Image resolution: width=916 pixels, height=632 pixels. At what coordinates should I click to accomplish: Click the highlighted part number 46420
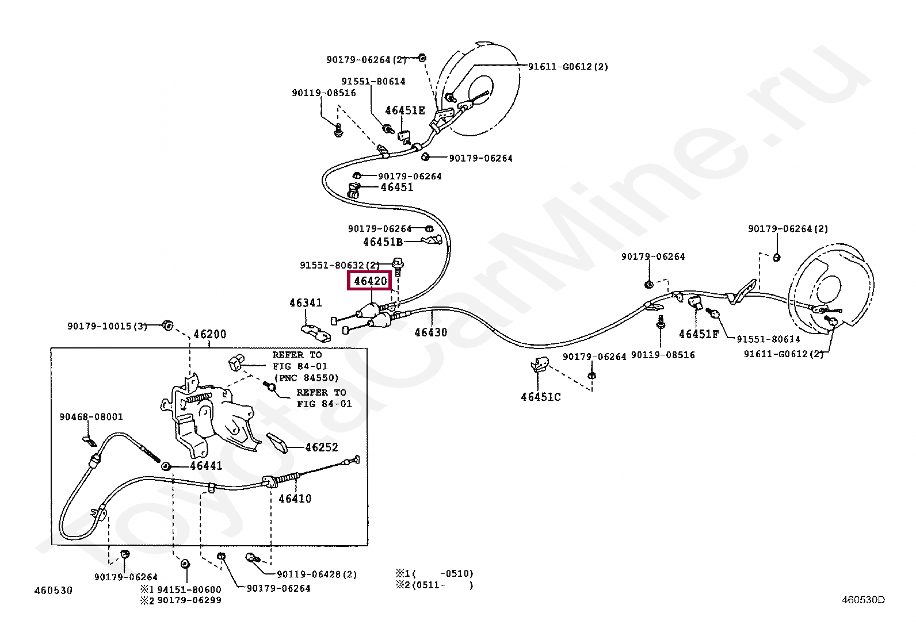coord(370,281)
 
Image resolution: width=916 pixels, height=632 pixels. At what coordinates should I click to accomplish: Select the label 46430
coord(430,332)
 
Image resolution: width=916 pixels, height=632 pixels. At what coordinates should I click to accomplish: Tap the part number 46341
coord(306,303)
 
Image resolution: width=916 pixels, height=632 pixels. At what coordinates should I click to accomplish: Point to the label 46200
coord(209,335)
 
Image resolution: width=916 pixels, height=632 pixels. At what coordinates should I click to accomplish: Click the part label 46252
coord(322,447)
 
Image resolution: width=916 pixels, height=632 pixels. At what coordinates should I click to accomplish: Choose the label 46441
coord(206,466)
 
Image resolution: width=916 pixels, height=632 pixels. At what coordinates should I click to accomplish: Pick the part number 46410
coord(295,499)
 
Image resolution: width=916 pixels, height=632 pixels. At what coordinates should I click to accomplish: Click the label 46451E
coord(405,110)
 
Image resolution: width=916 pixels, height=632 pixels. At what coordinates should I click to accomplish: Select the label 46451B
coord(383,242)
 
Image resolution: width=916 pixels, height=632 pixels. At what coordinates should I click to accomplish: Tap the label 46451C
coord(541,397)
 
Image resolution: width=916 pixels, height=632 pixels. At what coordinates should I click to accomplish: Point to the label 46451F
coord(699,334)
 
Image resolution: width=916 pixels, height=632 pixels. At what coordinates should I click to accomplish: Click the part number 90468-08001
coord(91,417)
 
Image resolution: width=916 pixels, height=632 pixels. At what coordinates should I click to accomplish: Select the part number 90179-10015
coord(100,326)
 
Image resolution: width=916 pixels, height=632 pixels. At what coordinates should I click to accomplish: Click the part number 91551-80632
coord(332,265)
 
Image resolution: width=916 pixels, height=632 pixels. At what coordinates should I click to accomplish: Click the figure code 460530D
coord(863,600)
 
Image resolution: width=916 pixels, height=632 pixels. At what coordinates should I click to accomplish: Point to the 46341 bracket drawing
coord(316,332)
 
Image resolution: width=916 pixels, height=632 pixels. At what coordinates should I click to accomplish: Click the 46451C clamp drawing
coord(540,364)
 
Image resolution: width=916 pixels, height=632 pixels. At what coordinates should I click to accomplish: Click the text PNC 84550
coord(307,378)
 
